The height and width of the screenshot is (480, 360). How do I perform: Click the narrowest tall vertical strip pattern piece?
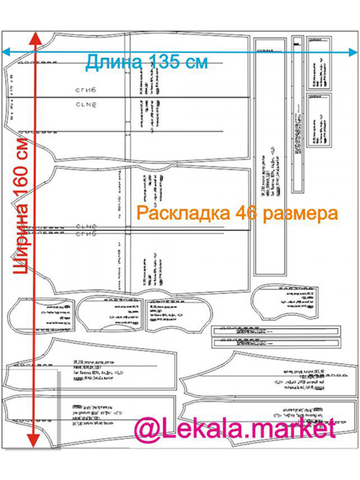pyautogui.click(x=298, y=114)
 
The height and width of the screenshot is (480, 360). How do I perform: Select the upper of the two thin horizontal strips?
pyautogui.click(x=276, y=331)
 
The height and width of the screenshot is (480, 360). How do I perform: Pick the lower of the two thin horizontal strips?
pyautogui.click(x=276, y=343)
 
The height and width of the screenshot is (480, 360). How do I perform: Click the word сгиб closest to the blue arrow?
pyautogui.click(x=86, y=90)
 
